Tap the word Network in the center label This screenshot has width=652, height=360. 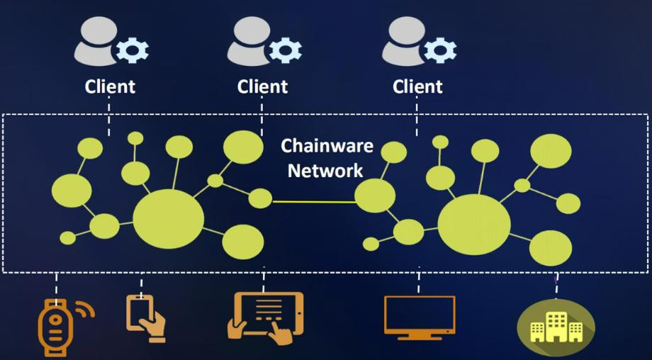coord(325,170)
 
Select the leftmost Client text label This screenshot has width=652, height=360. coord(110,86)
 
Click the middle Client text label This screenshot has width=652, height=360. coord(263,86)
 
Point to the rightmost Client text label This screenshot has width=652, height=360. coord(417,86)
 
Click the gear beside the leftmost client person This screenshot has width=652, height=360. coord(132,50)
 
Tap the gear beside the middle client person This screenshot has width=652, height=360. coord(285,50)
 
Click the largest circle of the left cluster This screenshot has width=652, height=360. coord(168,219)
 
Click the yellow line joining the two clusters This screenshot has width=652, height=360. coord(313,202)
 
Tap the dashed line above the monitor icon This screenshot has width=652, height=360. coord(419,282)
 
